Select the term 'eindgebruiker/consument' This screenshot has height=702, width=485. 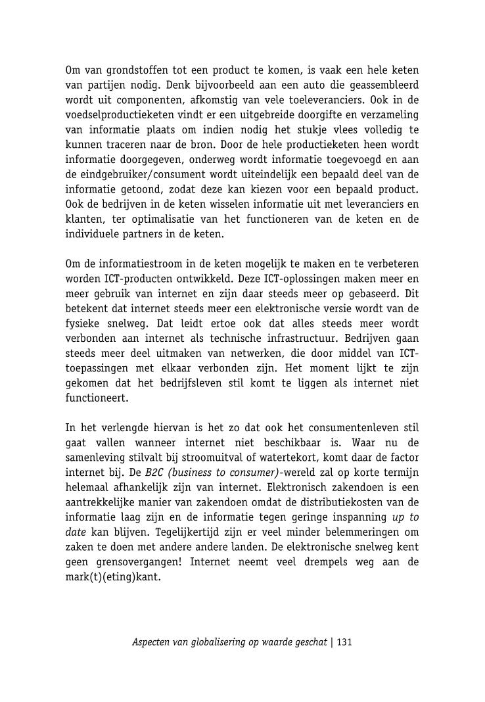tap(144, 174)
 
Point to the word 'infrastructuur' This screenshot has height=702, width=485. tap(295, 338)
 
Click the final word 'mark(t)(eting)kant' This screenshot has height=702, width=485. tap(112, 576)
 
